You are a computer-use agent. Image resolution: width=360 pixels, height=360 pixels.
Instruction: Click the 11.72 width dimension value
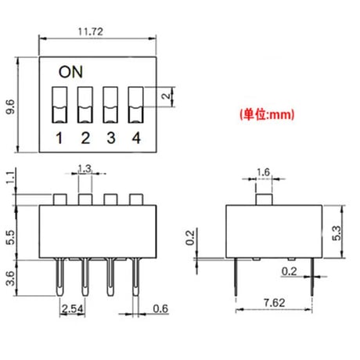91,31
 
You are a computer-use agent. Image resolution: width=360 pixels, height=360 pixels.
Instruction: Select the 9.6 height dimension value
10,106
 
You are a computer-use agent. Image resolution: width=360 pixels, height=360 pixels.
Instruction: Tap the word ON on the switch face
70,72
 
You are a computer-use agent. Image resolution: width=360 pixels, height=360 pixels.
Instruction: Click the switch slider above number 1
59,105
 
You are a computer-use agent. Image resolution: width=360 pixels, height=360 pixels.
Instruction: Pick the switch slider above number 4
135,105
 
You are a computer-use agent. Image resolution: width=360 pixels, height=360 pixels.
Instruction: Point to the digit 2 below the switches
85,138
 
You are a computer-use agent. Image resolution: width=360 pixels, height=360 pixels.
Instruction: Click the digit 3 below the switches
111,138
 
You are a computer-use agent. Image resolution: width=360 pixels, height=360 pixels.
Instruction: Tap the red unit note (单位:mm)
267,114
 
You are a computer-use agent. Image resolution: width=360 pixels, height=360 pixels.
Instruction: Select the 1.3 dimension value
85,169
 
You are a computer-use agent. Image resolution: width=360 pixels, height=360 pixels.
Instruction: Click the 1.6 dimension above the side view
263,172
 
